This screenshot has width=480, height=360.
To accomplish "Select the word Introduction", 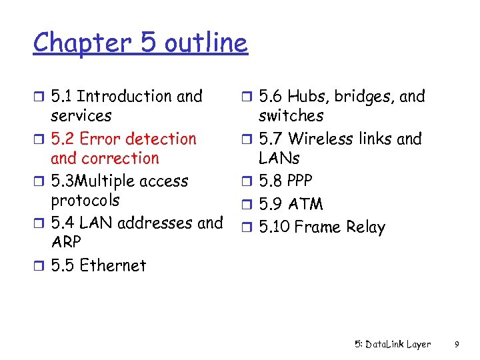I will tap(126, 97).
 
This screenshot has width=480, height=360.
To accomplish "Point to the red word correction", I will tap(119, 159).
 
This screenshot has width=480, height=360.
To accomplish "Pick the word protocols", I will tap(85, 201).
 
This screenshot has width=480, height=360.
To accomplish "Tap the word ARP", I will tap(65, 242).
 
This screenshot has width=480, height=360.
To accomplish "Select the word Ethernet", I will tap(113, 265).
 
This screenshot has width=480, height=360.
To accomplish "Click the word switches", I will tap(291, 116).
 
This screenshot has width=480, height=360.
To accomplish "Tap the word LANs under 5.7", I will tap(279, 159).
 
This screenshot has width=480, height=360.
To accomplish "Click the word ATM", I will tap(305, 204).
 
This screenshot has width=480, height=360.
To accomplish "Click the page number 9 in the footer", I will tap(455, 345).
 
